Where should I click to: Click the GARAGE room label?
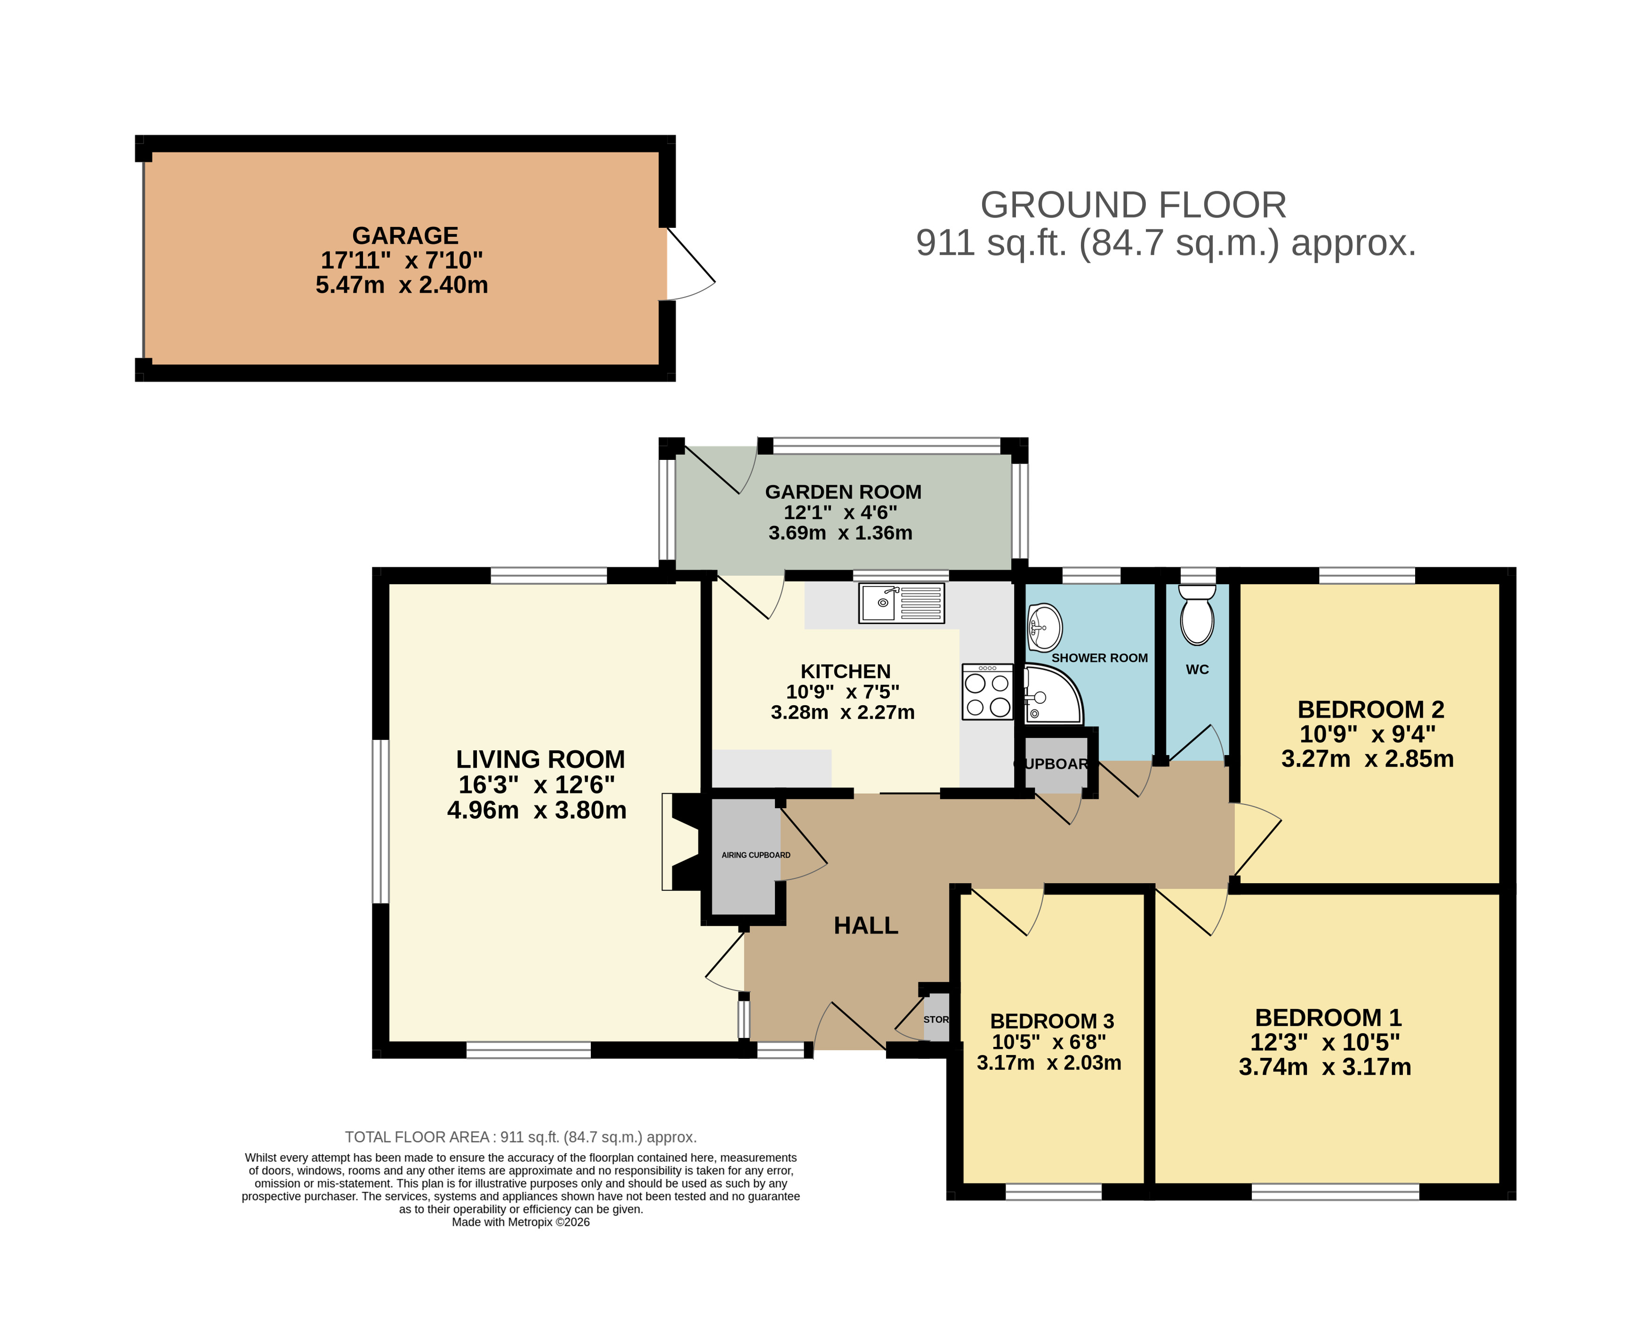point(405,235)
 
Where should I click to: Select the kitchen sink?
point(901,603)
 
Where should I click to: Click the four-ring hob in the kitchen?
point(987,692)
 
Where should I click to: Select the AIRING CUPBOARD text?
point(756,855)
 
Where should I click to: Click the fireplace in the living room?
point(682,842)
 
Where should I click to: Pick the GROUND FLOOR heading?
point(1134,205)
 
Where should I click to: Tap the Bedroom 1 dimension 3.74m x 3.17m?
point(1325,1067)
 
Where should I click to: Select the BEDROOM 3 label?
point(1052,1021)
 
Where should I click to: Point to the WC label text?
point(1197,670)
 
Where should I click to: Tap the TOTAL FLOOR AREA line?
point(521,1137)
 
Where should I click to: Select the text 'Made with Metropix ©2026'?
point(521,1222)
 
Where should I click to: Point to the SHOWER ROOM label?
point(1100,658)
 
